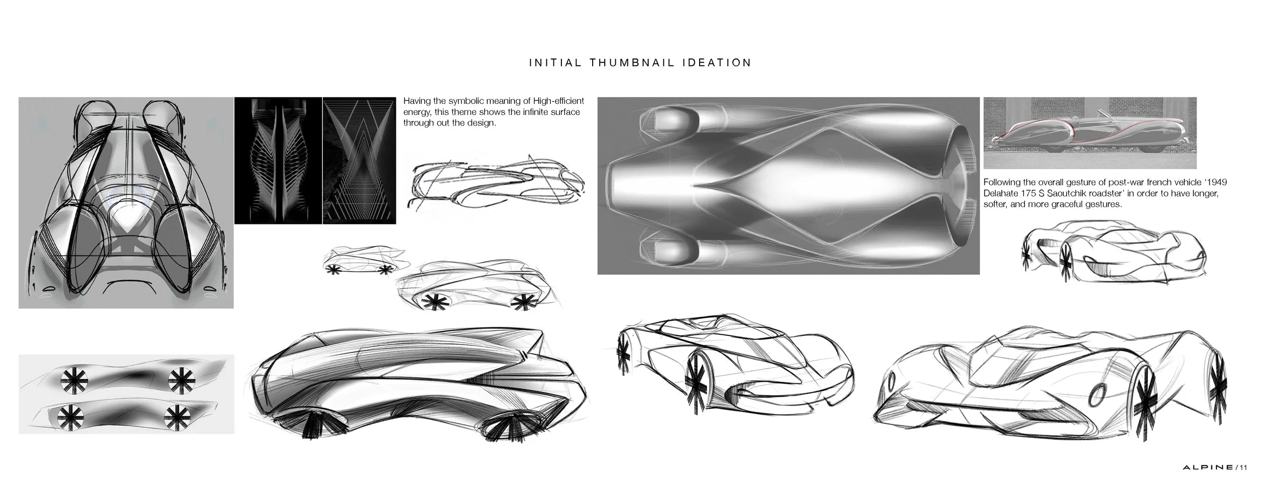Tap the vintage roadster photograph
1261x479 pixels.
[1090, 133]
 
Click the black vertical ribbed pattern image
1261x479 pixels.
[278, 160]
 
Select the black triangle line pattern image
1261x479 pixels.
[359, 160]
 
